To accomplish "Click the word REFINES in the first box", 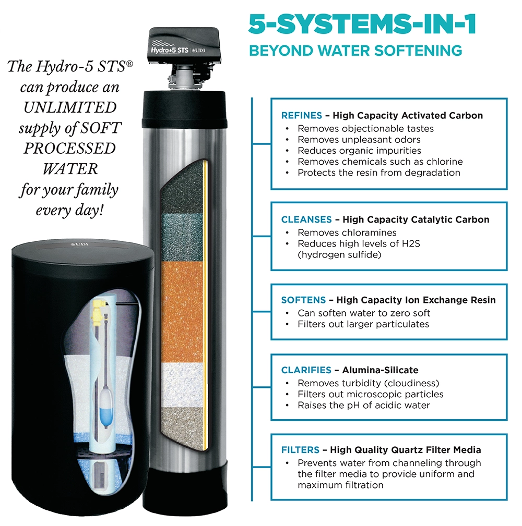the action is [x=301, y=115].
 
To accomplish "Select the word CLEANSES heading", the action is [x=306, y=219].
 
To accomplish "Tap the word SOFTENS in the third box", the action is [x=303, y=300].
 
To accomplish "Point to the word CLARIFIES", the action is [x=306, y=370].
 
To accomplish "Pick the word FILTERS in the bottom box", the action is [x=300, y=450].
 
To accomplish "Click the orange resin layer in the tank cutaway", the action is [x=182, y=312].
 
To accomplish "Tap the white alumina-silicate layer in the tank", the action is [x=183, y=385].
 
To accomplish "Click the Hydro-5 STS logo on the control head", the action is [x=170, y=50].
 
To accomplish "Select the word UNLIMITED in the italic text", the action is [x=70, y=107].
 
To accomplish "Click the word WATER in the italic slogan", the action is [x=70, y=169].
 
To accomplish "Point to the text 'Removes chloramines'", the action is [x=347, y=233].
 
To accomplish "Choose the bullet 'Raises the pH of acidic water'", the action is [x=364, y=405].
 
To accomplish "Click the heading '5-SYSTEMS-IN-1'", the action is [x=362, y=24].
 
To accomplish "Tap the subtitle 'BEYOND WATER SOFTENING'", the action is [x=355, y=51].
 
